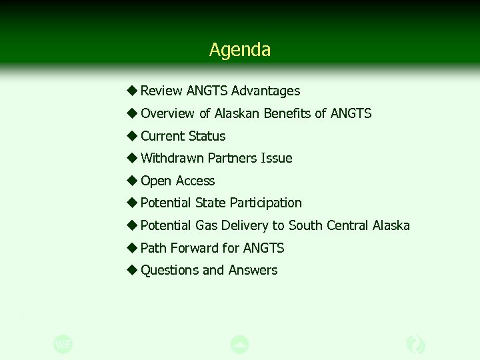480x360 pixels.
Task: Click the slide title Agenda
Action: point(239,50)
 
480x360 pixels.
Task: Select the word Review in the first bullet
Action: point(161,91)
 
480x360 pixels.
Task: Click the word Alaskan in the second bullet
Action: point(237,113)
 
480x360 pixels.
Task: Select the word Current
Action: point(163,136)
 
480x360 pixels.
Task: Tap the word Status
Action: point(207,136)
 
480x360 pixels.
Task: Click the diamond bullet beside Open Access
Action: point(132,181)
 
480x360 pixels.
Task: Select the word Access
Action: point(196,181)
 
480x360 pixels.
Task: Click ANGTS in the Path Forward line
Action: point(263,248)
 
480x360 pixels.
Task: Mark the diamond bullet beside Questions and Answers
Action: point(132,270)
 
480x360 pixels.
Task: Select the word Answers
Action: point(253,270)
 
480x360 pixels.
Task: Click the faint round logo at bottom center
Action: point(239,344)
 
